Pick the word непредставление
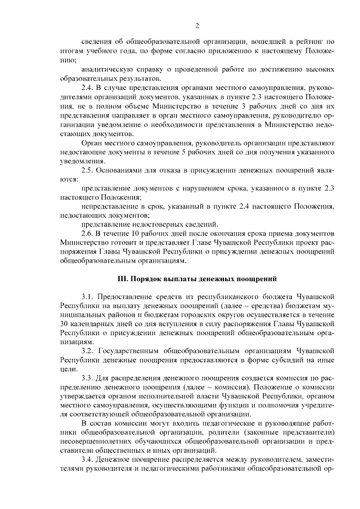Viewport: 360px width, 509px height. tap(109, 206)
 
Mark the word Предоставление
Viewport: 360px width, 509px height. tap(128, 296)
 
